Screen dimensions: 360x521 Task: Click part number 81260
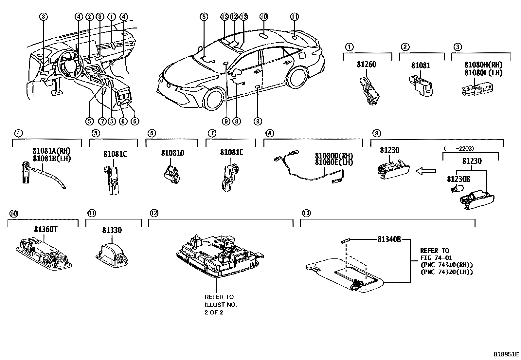366,65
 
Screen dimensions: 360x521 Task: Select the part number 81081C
115,154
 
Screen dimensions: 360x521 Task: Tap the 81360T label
45,229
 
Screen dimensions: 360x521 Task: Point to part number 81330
112,230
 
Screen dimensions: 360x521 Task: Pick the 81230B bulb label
458,179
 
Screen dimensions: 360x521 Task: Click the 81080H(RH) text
483,65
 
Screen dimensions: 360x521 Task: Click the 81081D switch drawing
172,173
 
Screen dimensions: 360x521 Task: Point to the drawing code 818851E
506,354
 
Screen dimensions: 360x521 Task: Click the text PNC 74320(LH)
446,272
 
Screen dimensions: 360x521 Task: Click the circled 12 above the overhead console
233,17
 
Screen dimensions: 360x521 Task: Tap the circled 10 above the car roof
263,17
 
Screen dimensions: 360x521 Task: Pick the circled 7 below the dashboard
102,121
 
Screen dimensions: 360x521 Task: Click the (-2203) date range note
458,148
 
